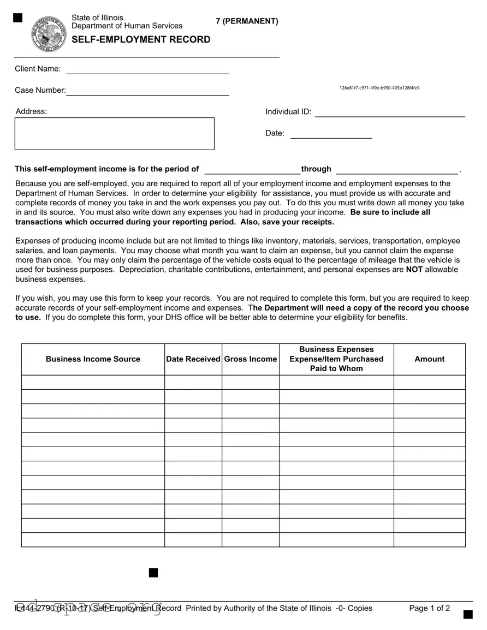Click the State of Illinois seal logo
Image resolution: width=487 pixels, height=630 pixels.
[x=49, y=34]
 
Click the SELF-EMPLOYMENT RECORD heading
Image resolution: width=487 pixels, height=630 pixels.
[x=141, y=39]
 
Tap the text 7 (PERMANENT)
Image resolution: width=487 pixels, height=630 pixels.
[x=247, y=21]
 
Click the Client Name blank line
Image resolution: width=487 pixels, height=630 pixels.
[x=147, y=69]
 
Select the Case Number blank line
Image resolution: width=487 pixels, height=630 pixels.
[x=147, y=91]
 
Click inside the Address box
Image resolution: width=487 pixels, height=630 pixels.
[x=114, y=133]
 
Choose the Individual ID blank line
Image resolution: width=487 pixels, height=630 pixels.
[x=390, y=112]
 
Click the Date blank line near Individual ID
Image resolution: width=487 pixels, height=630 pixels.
[x=331, y=134]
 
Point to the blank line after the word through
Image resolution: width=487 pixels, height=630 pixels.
[x=397, y=169]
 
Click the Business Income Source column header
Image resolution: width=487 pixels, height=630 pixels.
[x=93, y=359]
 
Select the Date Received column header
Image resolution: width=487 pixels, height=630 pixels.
[x=193, y=359]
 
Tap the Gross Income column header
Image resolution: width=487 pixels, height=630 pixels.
[x=251, y=359]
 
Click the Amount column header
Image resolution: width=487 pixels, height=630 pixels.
[x=429, y=359]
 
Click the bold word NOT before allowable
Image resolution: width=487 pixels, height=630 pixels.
[x=414, y=270]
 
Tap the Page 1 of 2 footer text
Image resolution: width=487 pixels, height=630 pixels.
[x=429, y=608]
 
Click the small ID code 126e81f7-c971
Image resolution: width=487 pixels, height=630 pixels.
[x=379, y=88]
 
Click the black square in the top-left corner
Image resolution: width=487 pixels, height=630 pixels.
[x=18, y=18]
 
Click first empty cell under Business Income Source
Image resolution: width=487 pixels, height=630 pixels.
[x=93, y=382]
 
